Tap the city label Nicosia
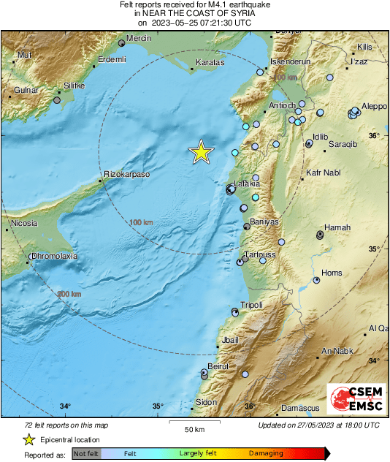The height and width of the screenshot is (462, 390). click(x=23, y=222)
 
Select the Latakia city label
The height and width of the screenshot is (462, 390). click(x=246, y=183)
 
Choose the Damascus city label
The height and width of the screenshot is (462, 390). click(x=301, y=407)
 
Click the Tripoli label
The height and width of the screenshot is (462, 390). click(x=251, y=305)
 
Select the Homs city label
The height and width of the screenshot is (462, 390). click(x=332, y=273)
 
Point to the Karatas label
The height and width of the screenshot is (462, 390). click(x=208, y=63)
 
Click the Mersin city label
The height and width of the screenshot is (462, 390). click(x=139, y=38)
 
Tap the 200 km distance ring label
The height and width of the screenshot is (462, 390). click(x=69, y=294)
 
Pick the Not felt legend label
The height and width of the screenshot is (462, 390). click(x=86, y=454)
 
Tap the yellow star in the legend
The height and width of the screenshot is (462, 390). click(x=28, y=439)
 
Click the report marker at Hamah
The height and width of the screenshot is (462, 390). click(x=320, y=235)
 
